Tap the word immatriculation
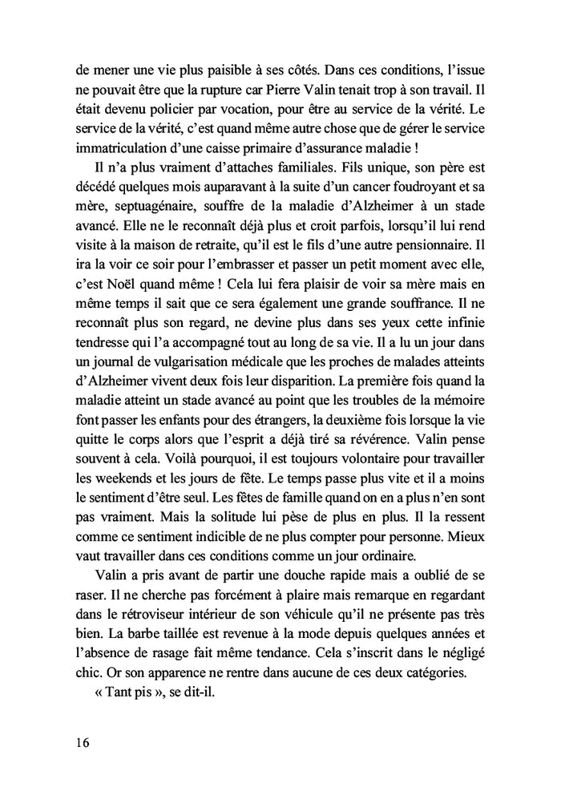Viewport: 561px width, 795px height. [116, 147]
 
